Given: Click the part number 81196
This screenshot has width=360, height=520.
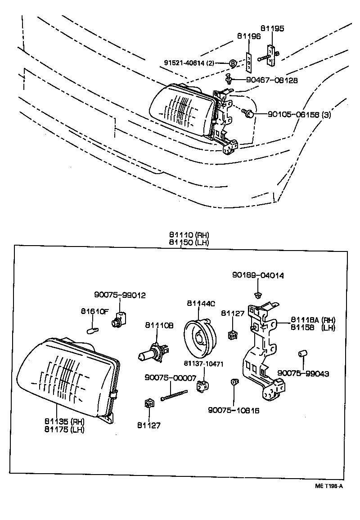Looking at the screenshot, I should click(x=249, y=36).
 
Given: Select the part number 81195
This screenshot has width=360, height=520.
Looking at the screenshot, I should click(x=273, y=28).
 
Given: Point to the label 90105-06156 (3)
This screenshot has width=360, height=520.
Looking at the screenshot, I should click(x=299, y=115).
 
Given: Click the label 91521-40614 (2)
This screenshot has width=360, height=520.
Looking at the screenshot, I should click(x=195, y=63).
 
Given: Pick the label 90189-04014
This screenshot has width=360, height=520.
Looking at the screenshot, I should click(x=258, y=275).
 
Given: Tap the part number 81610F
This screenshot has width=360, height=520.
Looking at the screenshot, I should click(x=95, y=311).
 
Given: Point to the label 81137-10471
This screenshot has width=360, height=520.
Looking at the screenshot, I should click(x=204, y=363).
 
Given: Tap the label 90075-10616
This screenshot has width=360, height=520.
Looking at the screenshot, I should click(x=234, y=410).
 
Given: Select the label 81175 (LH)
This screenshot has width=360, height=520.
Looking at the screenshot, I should click(x=64, y=429).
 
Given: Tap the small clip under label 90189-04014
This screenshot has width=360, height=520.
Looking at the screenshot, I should click(x=258, y=295).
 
